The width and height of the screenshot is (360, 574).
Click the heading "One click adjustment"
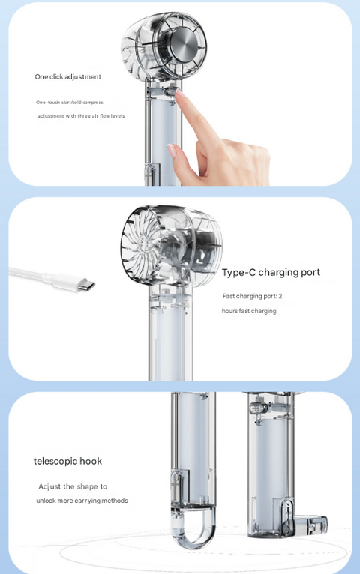(67, 77)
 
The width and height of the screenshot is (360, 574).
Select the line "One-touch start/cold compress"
(69, 102)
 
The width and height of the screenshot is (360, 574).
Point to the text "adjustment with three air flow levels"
(81, 116)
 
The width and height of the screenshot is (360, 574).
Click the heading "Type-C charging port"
(271, 273)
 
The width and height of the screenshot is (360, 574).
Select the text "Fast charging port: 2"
(252, 296)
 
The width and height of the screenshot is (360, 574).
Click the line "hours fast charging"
(249, 311)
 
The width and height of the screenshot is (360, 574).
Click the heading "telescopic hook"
(67, 461)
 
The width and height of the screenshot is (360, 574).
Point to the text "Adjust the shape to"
(73, 486)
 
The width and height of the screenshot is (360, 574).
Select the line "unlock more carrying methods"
(82, 501)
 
